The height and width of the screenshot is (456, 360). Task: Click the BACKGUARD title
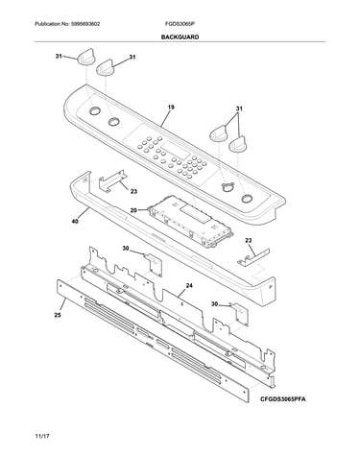click(x=180, y=37)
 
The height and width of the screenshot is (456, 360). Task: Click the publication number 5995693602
click(x=84, y=24)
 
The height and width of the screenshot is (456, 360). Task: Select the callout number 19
click(x=171, y=108)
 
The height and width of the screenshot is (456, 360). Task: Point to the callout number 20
click(x=133, y=210)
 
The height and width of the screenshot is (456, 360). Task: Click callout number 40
click(x=75, y=221)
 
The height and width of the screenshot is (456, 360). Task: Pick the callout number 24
click(x=189, y=286)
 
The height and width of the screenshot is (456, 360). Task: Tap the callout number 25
click(x=58, y=315)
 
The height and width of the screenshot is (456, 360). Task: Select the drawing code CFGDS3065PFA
click(x=282, y=399)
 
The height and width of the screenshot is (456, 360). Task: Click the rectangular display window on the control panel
click(x=175, y=152)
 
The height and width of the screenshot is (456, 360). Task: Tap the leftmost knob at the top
click(x=85, y=58)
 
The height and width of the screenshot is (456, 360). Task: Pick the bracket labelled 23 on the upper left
click(x=112, y=180)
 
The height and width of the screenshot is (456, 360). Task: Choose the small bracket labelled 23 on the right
click(x=253, y=256)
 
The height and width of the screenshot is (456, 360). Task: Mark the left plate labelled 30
click(x=154, y=264)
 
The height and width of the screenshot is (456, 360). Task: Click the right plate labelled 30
click(x=240, y=314)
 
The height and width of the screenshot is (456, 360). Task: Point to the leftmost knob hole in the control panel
click(x=94, y=111)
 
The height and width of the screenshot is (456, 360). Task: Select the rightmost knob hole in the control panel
click(x=246, y=199)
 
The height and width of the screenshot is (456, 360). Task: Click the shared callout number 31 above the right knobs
click(x=239, y=108)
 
